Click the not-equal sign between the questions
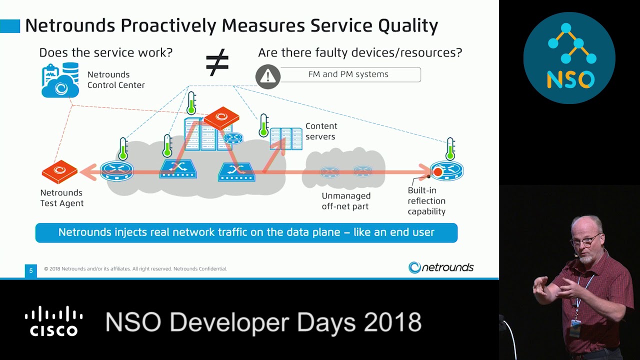click(217, 62)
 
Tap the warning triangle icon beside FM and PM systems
click(268, 76)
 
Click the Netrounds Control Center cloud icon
click(60, 80)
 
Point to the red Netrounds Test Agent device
click(59, 171)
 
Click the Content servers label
click(321, 131)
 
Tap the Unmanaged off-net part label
click(346, 201)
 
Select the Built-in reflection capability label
click(426, 201)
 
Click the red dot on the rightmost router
click(437, 172)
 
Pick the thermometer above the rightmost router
click(450, 149)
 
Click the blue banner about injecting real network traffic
click(246, 232)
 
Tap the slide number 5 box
click(31, 270)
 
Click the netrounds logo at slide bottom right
click(441, 267)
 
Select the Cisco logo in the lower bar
click(53, 321)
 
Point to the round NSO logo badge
click(569, 58)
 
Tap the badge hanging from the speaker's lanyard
click(575, 328)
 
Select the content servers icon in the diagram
click(286, 138)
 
